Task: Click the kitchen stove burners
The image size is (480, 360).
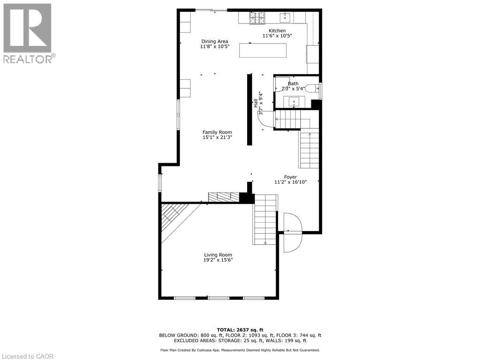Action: tap(257, 18)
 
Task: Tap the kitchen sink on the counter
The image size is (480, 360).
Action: tap(286, 18)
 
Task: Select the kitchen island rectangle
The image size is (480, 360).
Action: tap(262, 50)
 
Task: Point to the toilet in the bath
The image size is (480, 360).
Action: tap(311, 88)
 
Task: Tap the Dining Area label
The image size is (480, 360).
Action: tap(215, 41)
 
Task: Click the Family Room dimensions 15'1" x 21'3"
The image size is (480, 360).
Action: tap(217, 138)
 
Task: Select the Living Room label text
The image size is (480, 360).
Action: tap(218, 255)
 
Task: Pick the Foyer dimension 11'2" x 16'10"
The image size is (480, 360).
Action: tap(290, 182)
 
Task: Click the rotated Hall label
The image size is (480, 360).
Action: tap(256, 103)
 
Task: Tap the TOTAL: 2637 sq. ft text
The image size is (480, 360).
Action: tap(240, 330)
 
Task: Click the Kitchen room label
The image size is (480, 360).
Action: tap(277, 31)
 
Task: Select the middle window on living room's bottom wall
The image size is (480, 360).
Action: tap(218, 298)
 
